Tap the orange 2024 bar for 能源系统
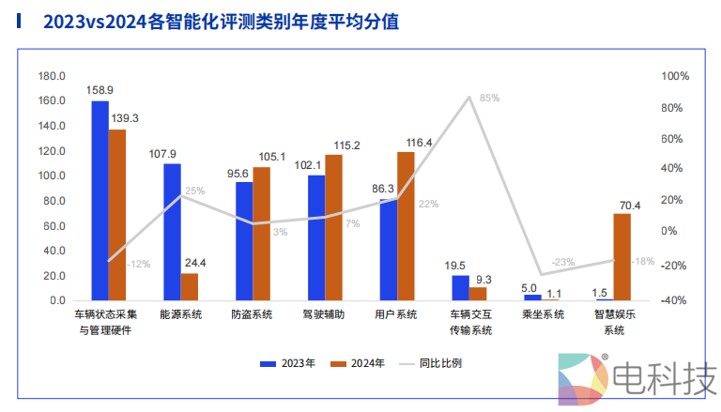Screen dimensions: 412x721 point(190,287)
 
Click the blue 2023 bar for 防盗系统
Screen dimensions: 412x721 point(244,241)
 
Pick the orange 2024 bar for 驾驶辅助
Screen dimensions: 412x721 point(333,228)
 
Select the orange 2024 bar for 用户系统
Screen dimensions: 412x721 point(406,226)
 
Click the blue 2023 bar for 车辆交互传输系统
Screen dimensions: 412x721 point(460,288)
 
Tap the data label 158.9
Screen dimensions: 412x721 point(100,91)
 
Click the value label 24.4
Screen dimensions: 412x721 point(195,263)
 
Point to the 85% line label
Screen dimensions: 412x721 point(489,98)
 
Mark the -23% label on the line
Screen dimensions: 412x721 point(563,262)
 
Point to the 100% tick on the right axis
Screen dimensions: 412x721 point(676,76)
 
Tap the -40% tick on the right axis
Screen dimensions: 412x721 point(676,301)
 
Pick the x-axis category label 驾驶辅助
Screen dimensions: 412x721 point(324,315)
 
